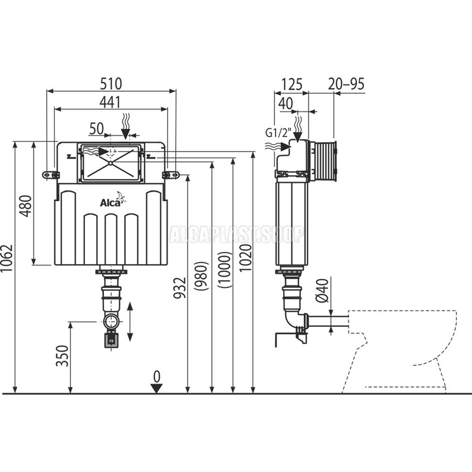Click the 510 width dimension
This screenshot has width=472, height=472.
(112, 83)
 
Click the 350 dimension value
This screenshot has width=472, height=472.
(63, 356)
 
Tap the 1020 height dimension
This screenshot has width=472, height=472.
(246, 257)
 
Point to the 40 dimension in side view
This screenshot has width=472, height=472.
(286, 103)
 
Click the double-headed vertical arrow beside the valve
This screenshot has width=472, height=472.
(131, 322)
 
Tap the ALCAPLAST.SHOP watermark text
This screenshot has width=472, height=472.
(236, 234)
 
